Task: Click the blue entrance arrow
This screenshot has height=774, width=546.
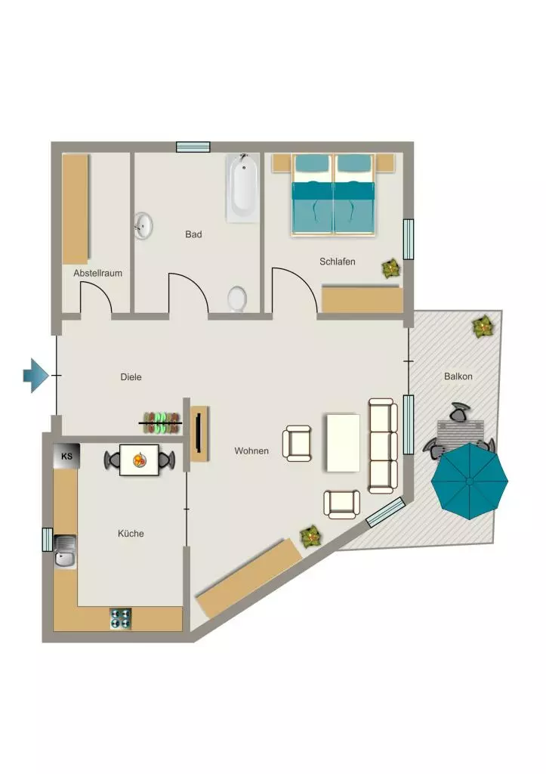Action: pyautogui.click(x=36, y=376)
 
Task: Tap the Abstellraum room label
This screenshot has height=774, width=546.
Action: pyautogui.click(x=97, y=273)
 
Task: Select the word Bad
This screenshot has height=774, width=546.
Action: pyautogui.click(x=193, y=234)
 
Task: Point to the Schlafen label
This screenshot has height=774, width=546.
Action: pyautogui.click(x=338, y=262)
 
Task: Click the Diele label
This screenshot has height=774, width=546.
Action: pyautogui.click(x=131, y=377)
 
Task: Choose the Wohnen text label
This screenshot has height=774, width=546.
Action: pyautogui.click(x=251, y=450)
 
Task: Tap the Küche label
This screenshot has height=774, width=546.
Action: pyautogui.click(x=131, y=534)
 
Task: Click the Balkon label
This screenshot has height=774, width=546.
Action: pyautogui.click(x=458, y=376)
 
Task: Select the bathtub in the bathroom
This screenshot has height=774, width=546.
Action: pyautogui.click(x=242, y=187)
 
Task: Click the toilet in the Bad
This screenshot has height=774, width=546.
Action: pyautogui.click(x=237, y=299)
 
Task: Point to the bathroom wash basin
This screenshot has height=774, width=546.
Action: pyautogui.click(x=143, y=226)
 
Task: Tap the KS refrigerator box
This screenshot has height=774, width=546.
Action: pyautogui.click(x=66, y=456)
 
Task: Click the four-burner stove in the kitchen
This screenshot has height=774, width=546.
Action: pyautogui.click(x=120, y=619)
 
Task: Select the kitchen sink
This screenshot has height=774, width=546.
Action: pyautogui.click(x=65, y=552)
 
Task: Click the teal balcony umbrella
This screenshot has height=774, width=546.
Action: pyautogui.click(x=470, y=481)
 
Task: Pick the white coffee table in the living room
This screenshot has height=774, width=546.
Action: pyautogui.click(x=344, y=443)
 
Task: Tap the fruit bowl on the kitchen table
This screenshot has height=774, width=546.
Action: pyautogui.click(x=140, y=460)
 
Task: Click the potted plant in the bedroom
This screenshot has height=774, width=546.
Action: pyautogui.click(x=391, y=268)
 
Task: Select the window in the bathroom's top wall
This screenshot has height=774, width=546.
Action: pyautogui.click(x=193, y=147)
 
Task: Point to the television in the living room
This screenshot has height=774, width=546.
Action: pyautogui.click(x=199, y=432)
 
